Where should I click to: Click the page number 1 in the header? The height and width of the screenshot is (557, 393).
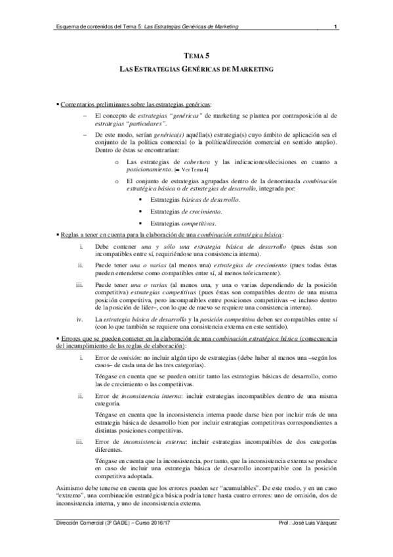335,27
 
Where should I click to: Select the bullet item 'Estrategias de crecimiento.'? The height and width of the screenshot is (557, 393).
186,212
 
